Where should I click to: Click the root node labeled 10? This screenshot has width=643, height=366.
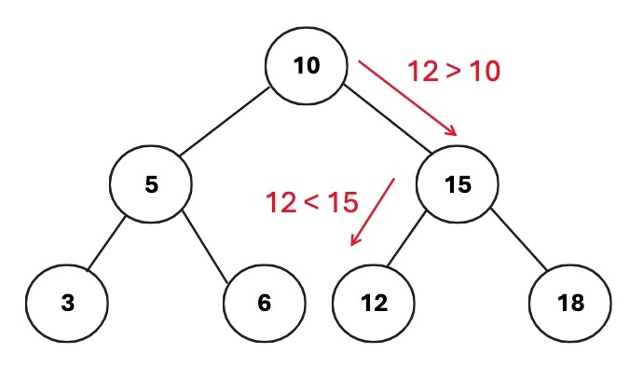(306, 66)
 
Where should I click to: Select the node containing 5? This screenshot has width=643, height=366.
(151, 184)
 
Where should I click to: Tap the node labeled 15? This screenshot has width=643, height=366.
(457, 184)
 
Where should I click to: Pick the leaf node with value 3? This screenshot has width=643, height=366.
(65, 303)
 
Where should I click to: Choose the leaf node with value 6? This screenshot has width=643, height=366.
(265, 303)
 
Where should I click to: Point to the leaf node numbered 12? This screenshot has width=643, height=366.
(374, 303)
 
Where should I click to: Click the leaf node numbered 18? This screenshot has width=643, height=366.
(570, 303)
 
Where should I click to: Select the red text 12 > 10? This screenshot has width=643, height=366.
(454, 71)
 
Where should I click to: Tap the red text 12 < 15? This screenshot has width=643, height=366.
(311, 201)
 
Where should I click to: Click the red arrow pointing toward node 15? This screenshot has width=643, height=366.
(407, 99)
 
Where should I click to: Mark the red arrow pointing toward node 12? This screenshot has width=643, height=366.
(372, 212)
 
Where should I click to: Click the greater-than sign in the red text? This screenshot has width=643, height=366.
(454, 72)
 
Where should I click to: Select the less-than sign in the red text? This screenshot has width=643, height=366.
(311, 202)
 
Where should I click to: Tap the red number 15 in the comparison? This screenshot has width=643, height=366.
(341, 201)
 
